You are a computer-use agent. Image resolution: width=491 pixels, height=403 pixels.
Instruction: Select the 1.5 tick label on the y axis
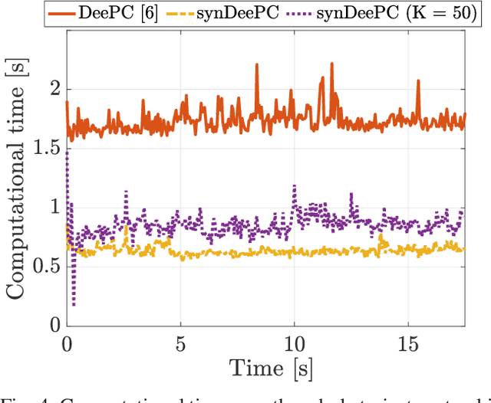coord(42,147)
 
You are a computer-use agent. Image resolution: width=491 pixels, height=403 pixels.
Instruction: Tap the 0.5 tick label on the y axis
coord(42,265)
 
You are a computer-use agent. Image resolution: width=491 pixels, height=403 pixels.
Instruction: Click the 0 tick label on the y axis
coord(51,324)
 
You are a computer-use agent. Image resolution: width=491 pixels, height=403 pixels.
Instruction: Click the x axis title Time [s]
coord(265,367)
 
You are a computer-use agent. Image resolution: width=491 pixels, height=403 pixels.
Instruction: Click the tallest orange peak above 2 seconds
coord(256,65)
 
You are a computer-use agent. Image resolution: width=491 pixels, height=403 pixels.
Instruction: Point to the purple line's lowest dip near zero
coord(74,305)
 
